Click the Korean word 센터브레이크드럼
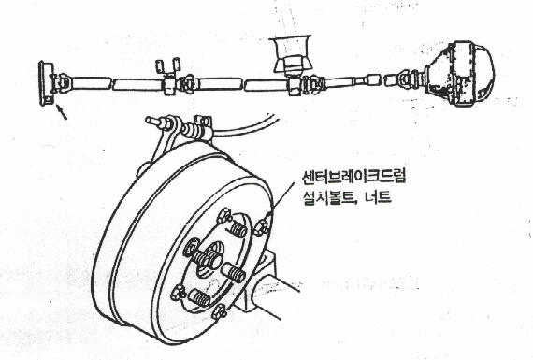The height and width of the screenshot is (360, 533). coord(353,177)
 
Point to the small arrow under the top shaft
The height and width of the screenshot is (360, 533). coord(61,112)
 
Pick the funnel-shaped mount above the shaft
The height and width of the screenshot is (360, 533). coord(290,54)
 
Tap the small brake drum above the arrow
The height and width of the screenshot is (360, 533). coord(47,83)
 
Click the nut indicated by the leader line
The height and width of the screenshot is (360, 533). coord(262,225)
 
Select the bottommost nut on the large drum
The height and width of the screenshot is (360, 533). coord(219,311)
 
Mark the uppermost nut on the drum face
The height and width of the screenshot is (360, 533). coord(223,215)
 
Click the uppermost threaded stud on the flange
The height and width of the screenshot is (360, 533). coord(238,230)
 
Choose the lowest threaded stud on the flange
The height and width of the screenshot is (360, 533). coord(199,296)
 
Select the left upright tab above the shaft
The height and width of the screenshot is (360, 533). coord(160,66)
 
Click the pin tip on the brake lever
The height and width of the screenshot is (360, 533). coord(149,120)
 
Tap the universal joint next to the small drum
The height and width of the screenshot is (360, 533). coord(63,82)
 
